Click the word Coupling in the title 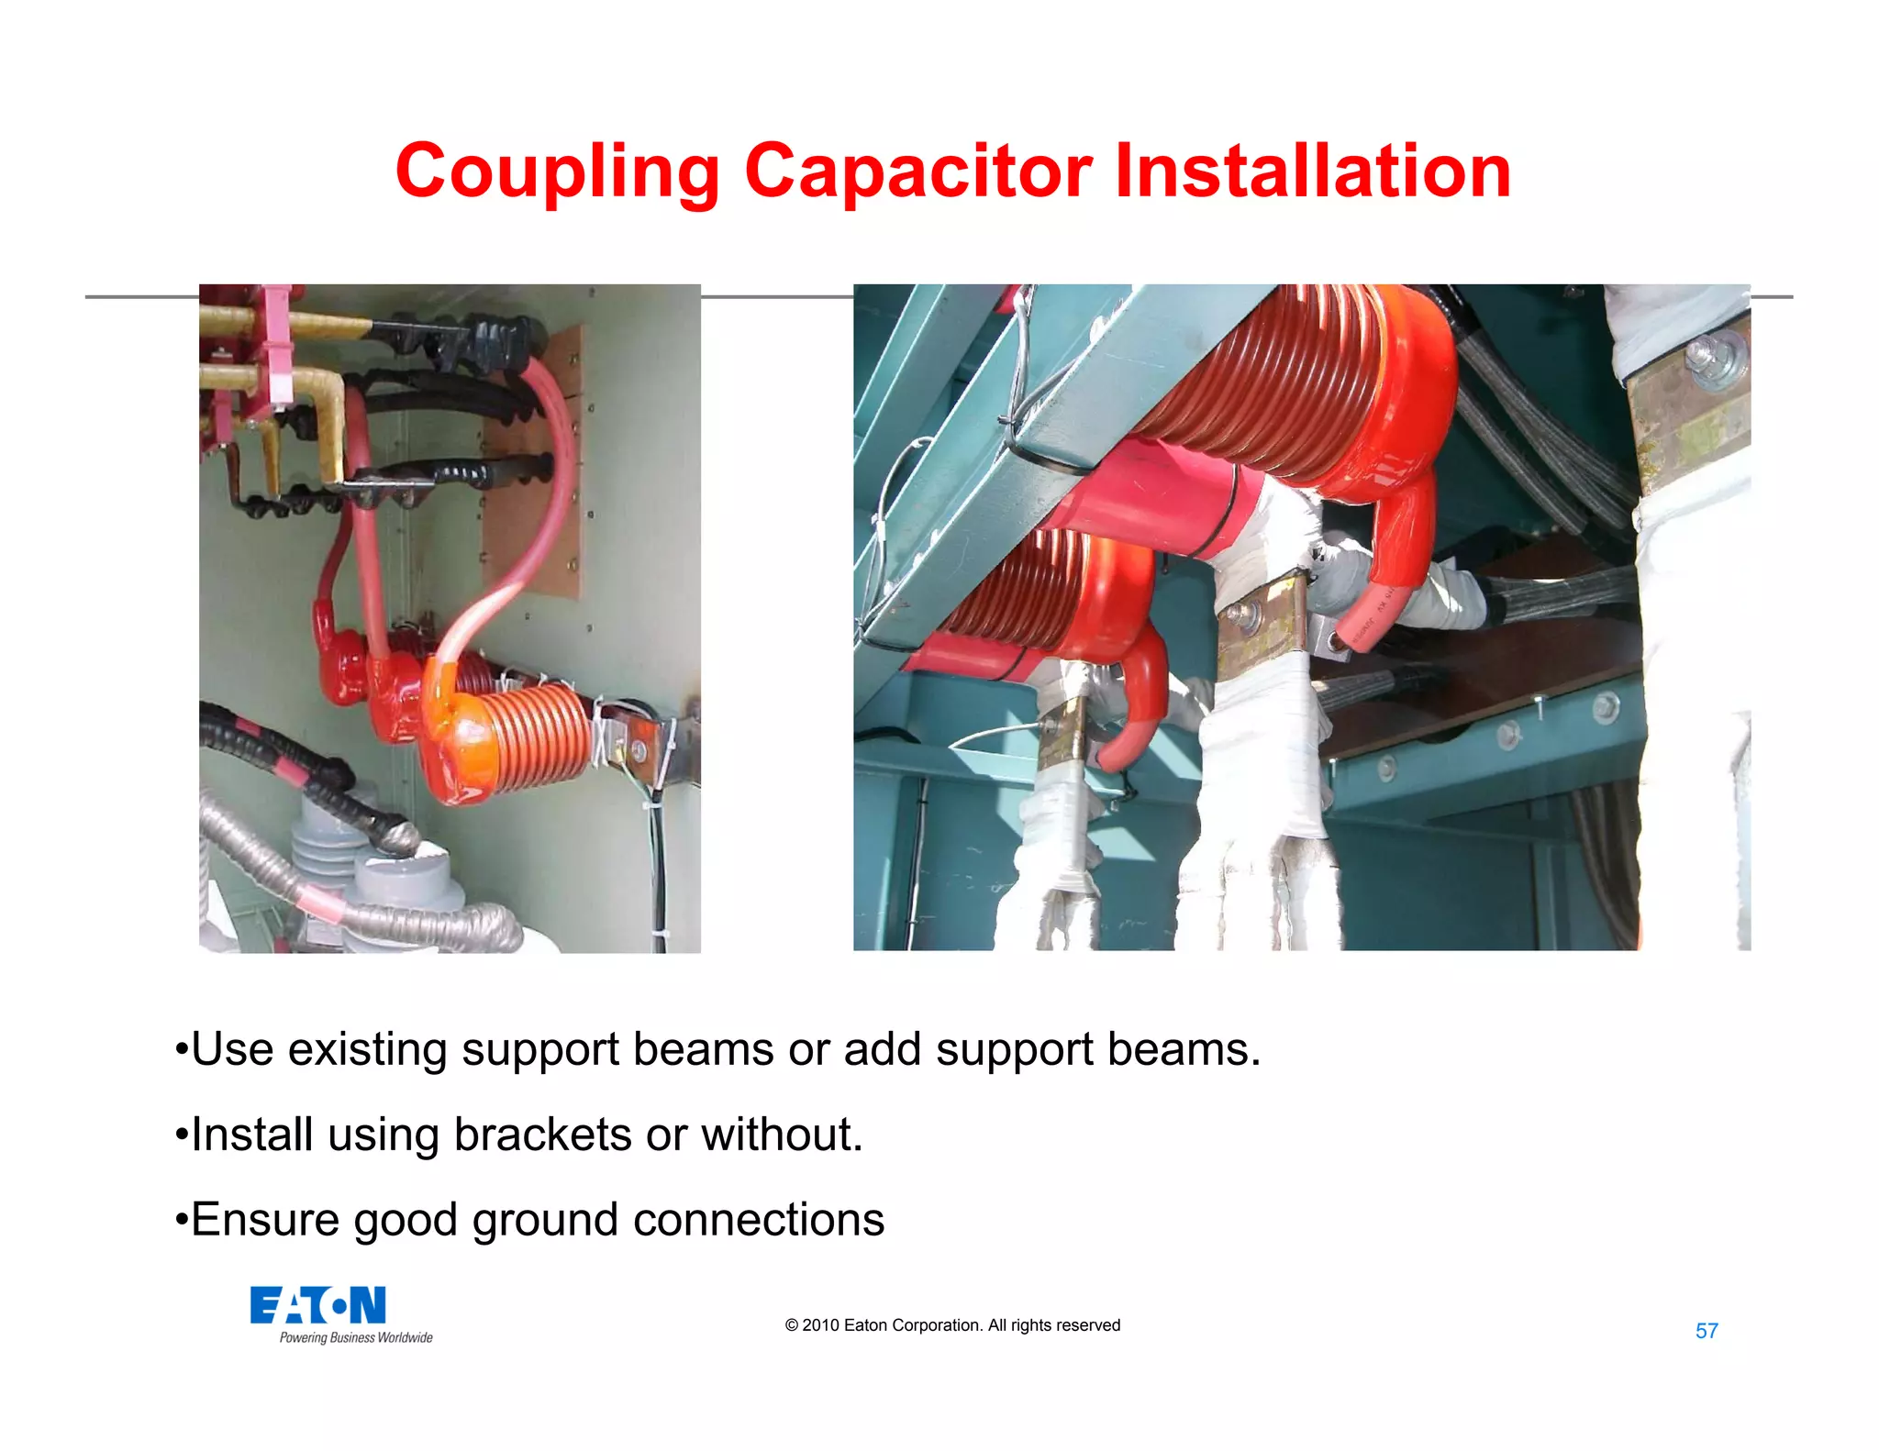(557, 172)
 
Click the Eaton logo (317, 1305)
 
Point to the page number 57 (1707, 1331)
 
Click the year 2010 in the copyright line (821, 1325)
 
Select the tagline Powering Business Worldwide (356, 1338)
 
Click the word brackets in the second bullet (542, 1135)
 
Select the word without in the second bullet (782, 1135)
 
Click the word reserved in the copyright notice (1088, 1325)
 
